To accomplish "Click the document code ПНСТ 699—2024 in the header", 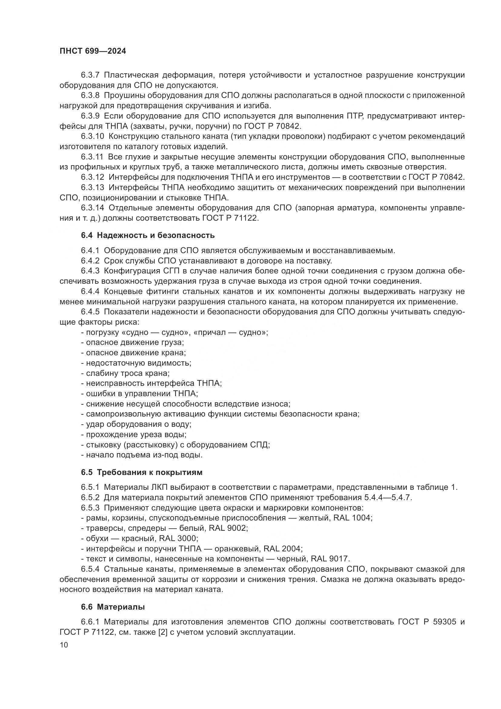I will pos(93,51).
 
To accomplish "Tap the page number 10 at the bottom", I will pos(64,645).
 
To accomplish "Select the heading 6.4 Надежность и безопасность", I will pos(148,235).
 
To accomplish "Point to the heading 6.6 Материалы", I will pos(113,607).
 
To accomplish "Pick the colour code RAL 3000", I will pos(178,538).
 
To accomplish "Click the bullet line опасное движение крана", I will pos(134,353).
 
